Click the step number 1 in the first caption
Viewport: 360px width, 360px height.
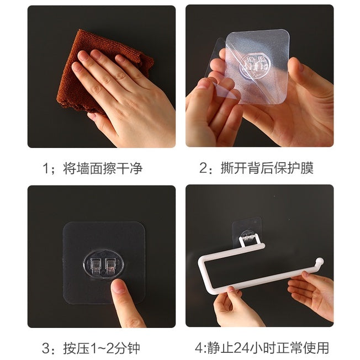46,168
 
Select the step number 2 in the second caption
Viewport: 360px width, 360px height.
204,168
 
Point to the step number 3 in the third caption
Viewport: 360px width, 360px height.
46,348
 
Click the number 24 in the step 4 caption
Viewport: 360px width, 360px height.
241,348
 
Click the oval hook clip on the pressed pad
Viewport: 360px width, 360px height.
104,264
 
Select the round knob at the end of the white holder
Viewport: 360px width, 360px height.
320,262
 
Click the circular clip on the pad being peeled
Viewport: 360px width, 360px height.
255,66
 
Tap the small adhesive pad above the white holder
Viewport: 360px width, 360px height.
247,230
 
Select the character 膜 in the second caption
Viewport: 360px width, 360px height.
307,168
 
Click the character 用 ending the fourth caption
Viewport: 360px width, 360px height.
322,348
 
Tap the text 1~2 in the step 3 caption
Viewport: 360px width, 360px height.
101,348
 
